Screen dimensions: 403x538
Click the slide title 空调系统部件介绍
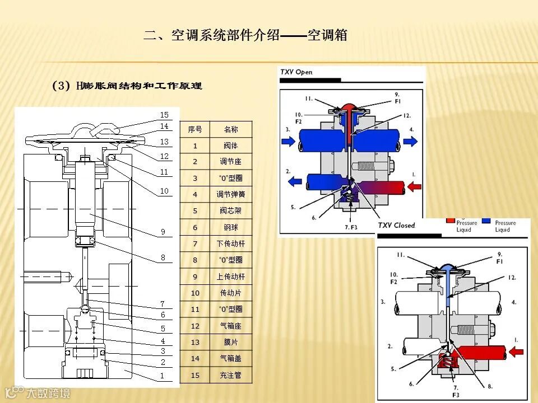click(245, 36)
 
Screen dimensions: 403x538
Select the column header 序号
click(194, 129)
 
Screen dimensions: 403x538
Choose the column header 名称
click(230, 129)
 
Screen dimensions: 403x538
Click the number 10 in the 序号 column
click(194, 293)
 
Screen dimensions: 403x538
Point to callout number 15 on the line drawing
click(164, 115)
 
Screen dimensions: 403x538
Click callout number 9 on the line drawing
click(163, 231)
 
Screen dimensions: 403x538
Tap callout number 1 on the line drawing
click(163, 376)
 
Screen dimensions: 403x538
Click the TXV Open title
click(296, 72)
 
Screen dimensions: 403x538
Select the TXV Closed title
click(396, 226)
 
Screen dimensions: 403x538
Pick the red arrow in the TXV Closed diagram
click(517, 353)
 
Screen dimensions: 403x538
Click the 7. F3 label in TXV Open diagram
click(350, 227)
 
